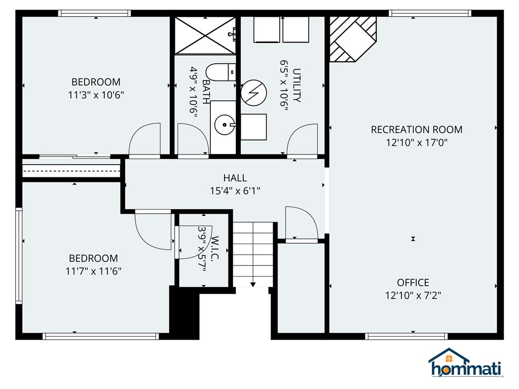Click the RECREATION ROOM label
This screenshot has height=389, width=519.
(x=417, y=129)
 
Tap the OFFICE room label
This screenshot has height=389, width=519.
(x=413, y=283)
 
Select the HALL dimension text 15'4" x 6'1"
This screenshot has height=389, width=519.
(x=235, y=191)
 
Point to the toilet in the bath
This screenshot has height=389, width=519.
(x=220, y=72)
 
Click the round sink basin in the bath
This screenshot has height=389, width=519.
(x=225, y=125)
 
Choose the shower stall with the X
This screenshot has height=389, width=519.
(x=205, y=35)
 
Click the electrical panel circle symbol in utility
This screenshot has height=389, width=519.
(x=253, y=93)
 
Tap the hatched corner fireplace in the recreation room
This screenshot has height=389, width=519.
(x=353, y=39)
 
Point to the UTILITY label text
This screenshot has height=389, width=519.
(x=296, y=85)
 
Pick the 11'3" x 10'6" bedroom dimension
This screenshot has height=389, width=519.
(x=96, y=95)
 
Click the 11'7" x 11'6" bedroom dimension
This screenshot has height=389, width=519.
(x=93, y=271)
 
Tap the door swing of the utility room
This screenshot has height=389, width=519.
(x=302, y=139)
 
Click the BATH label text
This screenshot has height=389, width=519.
(x=206, y=92)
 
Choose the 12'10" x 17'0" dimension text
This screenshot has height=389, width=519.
(x=417, y=142)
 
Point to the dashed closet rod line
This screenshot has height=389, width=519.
(x=71, y=171)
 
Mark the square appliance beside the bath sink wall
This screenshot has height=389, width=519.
(x=253, y=127)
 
